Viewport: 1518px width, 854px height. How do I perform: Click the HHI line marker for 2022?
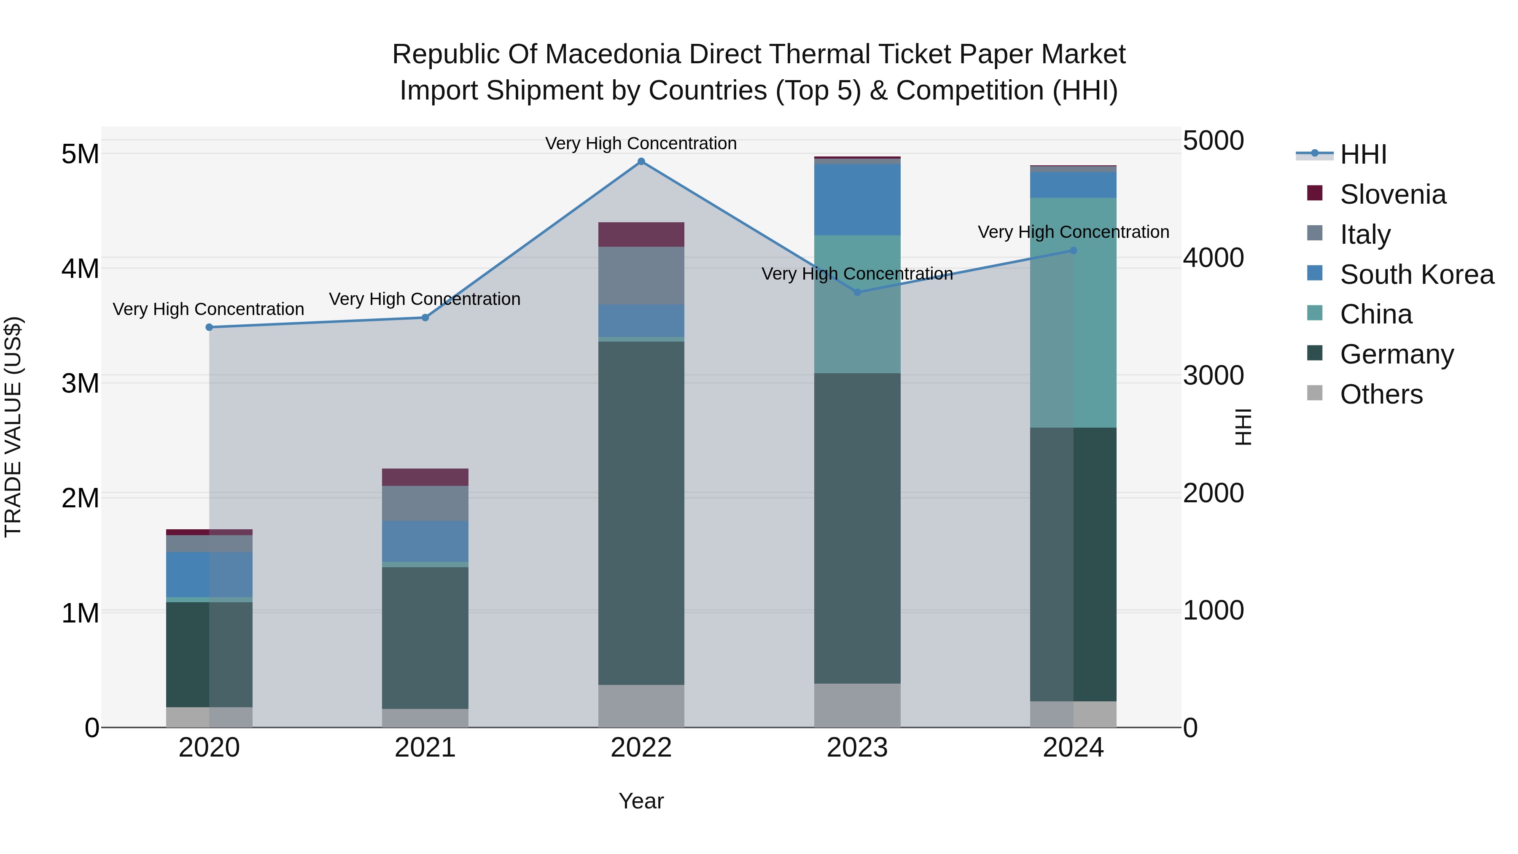641,162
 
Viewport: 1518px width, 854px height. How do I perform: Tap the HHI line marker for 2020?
209,327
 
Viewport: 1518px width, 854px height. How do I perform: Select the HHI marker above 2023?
857,292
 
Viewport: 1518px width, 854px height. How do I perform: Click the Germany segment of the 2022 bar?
641,513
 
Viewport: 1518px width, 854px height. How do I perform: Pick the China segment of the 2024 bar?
1073,313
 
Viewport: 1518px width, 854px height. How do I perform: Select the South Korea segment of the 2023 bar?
857,200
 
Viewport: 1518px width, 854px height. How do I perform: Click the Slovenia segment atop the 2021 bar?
425,477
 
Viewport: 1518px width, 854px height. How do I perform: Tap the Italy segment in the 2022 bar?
641,275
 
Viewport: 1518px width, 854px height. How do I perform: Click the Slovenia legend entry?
1392,194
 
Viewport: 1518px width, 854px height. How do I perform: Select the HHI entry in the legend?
1363,154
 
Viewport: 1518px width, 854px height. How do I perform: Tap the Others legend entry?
1381,394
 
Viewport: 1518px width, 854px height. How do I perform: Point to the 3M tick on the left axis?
80,383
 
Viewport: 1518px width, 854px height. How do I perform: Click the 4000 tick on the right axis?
1213,258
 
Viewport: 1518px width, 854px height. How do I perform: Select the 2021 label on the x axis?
425,748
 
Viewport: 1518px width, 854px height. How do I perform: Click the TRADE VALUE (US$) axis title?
13,427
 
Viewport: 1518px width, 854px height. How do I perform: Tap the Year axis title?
641,801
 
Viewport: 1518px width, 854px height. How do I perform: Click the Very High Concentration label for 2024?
1073,232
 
